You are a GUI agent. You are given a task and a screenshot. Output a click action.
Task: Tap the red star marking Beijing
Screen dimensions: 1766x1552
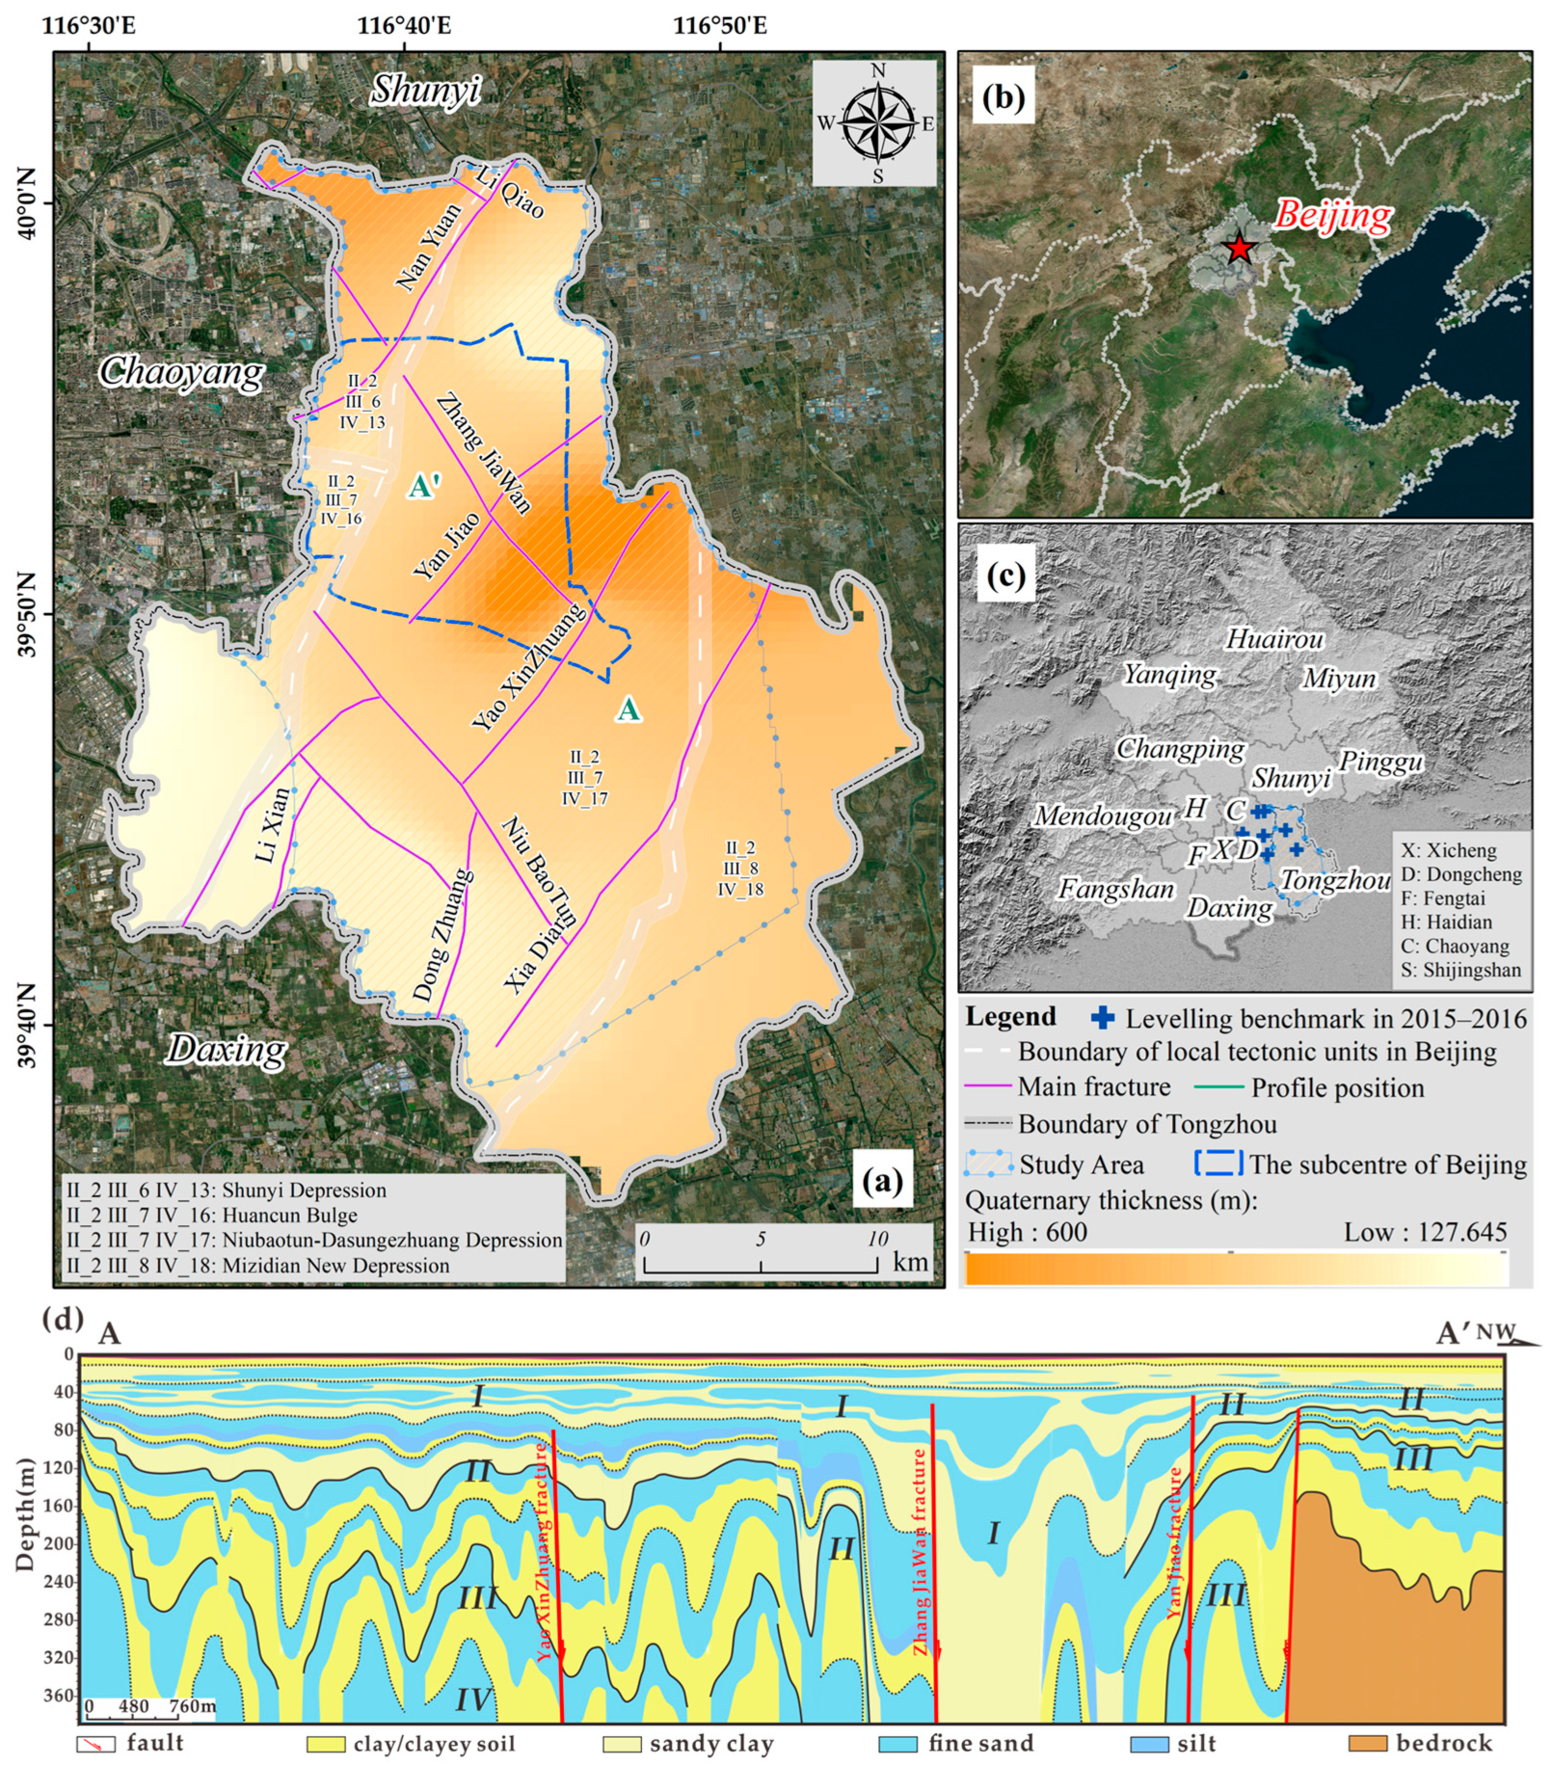pos(1239,248)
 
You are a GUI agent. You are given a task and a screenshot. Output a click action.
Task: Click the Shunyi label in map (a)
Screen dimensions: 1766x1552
pos(425,90)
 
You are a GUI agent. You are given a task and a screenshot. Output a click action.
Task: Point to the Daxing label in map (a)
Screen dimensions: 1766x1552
pos(227,1049)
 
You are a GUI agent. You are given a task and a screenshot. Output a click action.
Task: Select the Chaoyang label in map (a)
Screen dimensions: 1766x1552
pos(180,372)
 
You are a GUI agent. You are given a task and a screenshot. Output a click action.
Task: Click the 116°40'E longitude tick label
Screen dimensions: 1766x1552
pos(404,24)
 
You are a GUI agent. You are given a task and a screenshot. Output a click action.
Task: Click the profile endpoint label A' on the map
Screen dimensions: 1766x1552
pos(424,486)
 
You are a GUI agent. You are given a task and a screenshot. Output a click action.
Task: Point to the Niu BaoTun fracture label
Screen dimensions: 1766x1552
pos(539,870)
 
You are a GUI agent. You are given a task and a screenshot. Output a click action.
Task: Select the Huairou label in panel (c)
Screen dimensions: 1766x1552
pos(1273,639)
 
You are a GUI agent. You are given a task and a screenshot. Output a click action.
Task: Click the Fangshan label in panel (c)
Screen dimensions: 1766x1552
pos(1115,889)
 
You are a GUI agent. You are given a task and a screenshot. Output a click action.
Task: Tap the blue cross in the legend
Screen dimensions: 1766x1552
pos(1103,1018)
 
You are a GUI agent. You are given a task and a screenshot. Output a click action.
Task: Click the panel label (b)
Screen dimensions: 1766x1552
pos(1003,97)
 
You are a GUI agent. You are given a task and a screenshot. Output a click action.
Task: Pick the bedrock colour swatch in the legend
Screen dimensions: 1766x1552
pos(1367,1743)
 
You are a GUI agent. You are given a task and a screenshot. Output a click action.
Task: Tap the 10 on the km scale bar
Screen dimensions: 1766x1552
pos(876,1239)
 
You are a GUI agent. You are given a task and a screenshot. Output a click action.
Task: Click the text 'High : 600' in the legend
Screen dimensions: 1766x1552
pos(1027,1232)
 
